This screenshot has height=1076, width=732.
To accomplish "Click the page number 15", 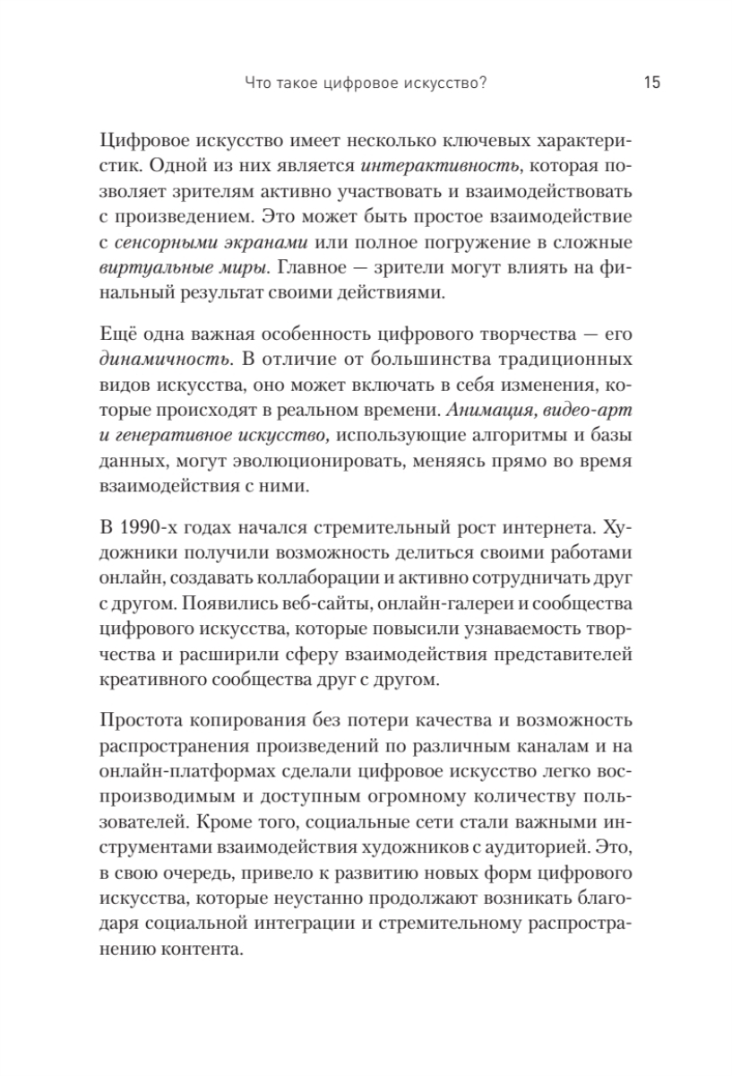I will (x=651, y=84).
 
